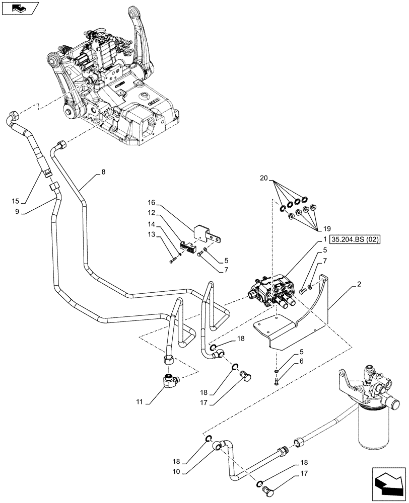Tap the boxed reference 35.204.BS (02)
[356, 239]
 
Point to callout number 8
[103, 172]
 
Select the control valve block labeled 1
[272, 292]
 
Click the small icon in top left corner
[19, 7]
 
